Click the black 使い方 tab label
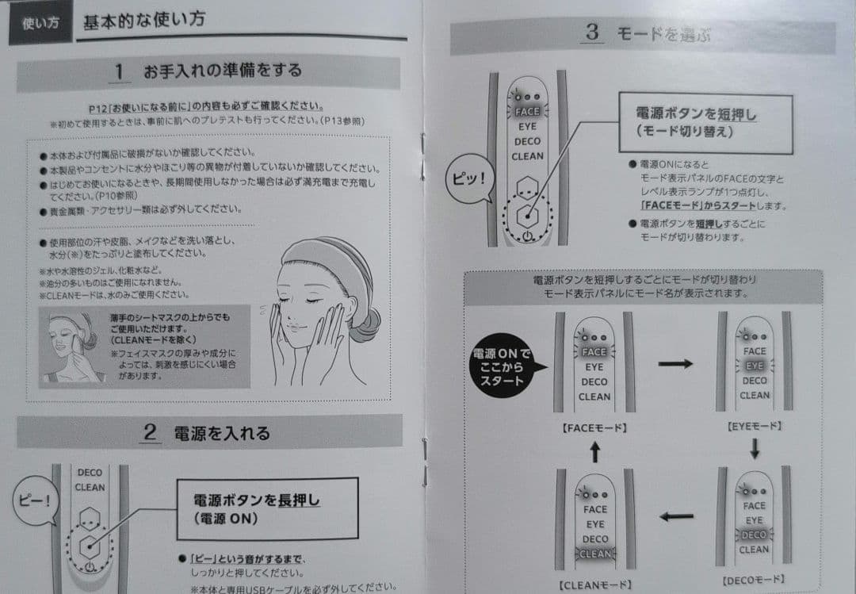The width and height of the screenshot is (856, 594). pyautogui.click(x=40, y=23)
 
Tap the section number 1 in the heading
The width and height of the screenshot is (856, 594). pyautogui.click(x=120, y=71)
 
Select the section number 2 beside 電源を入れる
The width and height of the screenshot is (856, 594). pyautogui.click(x=149, y=432)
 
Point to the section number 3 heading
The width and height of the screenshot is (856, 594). pyautogui.click(x=592, y=33)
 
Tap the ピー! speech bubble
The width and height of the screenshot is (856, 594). pyautogui.click(x=34, y=500)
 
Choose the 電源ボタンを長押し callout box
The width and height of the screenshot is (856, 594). pyautogui.click(x=266, y=508)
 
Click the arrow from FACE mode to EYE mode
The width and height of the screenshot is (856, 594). pyautogui.click(x=675, y=364)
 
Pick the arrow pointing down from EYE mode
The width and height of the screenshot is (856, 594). pyautogui.click(x=754, y=449)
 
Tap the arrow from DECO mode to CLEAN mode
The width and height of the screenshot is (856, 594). pyautogui.click(x=676, y=516)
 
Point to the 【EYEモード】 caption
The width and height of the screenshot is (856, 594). pyautogui.click(x=754, y=426)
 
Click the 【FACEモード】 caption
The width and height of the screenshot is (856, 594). pyautogui.click(x=594, y=427)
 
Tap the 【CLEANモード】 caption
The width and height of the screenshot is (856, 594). pyautogui.click(x=594, y=584)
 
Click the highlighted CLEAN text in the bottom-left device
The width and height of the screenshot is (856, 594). pyautogui.click(x=594, y=554)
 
